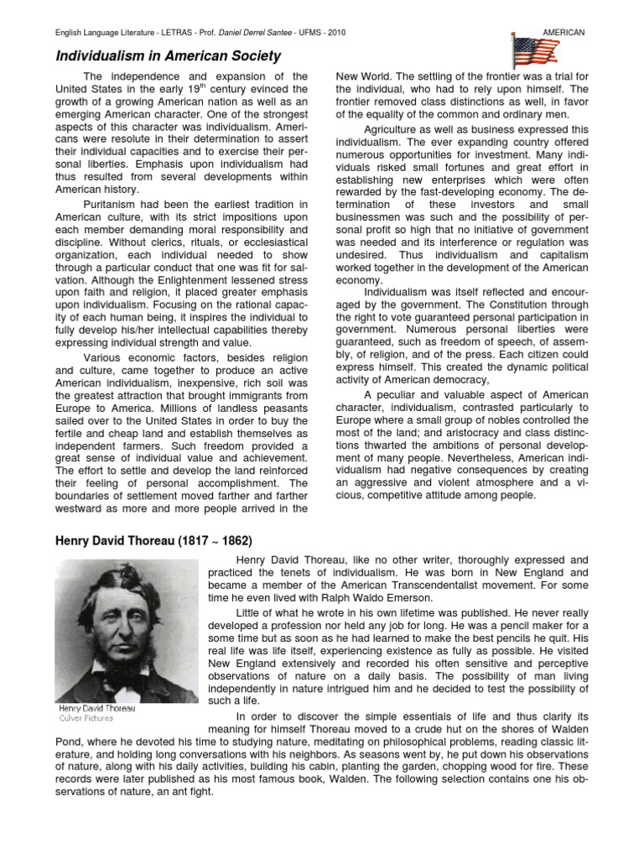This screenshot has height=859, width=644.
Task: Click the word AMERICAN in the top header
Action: pyautogui.click(x=563, y=32)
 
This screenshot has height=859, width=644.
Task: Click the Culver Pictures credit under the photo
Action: pyautogui.click(x=84, y=718)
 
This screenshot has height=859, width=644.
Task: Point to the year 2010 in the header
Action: pyautogui.click(x=337, y=32)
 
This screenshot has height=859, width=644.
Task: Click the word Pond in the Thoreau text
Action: pyautogui.click(x=69, y=741)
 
